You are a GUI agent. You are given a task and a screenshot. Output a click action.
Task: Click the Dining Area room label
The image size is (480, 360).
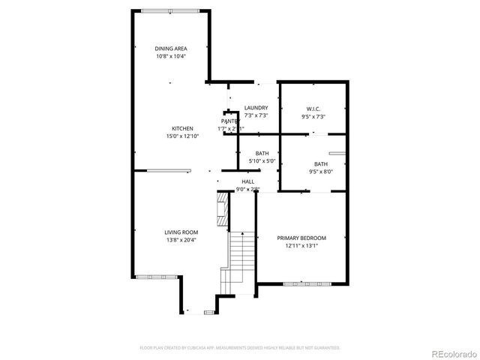171,49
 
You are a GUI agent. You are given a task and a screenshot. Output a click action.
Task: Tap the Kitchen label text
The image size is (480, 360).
182,128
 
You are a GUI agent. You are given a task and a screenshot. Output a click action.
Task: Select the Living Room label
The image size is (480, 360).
181,232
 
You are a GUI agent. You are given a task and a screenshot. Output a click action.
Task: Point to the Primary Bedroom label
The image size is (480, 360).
301,238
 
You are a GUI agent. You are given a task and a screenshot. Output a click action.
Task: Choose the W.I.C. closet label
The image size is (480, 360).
313,108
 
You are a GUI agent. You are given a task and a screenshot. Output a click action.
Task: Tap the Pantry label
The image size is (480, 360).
230,121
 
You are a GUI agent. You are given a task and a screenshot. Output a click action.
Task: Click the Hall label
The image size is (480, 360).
247,181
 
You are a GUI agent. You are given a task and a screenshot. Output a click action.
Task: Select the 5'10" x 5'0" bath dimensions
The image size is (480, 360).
262,160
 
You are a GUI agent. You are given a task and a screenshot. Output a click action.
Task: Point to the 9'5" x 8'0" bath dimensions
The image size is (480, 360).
320,172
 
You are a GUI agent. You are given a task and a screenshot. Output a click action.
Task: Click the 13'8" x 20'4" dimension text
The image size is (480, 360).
181,240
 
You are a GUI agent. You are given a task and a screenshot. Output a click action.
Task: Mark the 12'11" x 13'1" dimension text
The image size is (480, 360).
302,245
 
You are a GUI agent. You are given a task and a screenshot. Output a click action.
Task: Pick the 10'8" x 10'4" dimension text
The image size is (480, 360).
171,56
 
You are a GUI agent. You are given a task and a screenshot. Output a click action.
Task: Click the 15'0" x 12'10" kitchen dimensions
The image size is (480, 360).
182,136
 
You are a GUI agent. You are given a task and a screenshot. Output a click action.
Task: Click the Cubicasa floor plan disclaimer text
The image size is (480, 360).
240,348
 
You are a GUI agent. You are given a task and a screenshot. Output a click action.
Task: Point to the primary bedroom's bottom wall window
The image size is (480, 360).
307,283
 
